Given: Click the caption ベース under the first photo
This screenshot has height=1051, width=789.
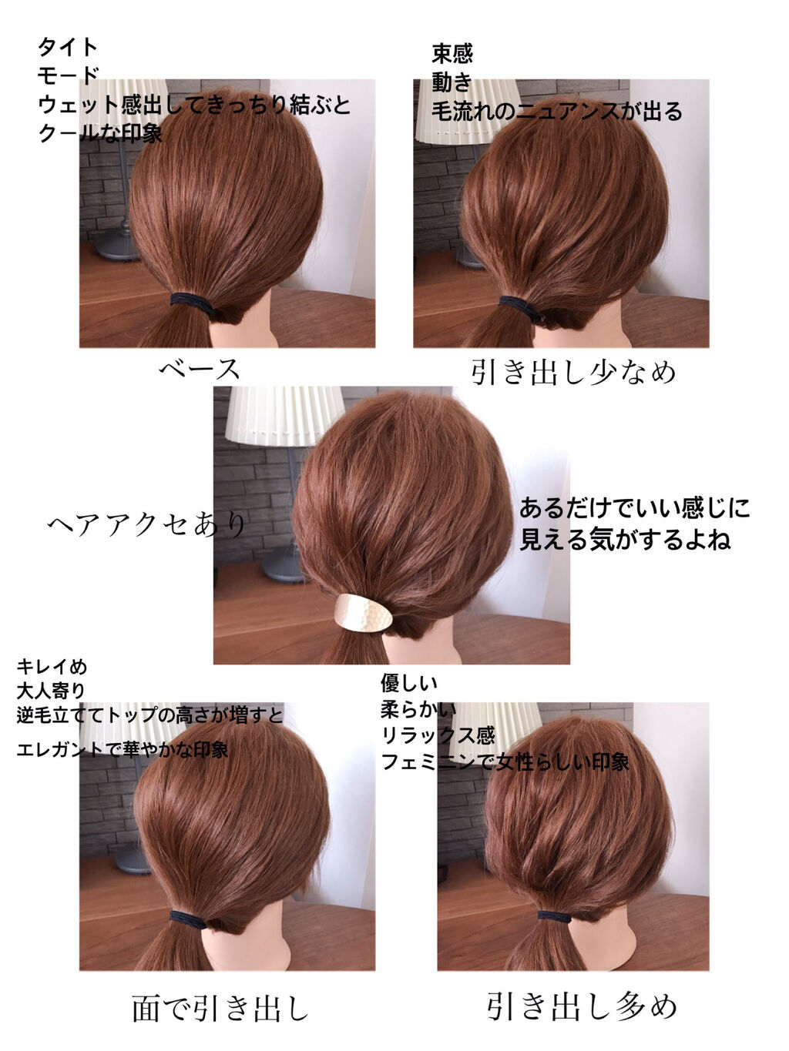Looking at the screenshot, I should coord(200,369).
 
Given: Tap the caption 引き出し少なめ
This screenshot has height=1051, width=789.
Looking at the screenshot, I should coord(573,372).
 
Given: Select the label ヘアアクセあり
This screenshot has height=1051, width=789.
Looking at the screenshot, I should coord(146,525).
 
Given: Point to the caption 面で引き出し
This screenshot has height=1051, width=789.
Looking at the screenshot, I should coord(220,1009).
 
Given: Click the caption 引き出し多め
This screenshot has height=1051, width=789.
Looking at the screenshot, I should coord(582,1006).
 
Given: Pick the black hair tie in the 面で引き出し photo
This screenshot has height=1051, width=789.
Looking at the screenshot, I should coord(188,919).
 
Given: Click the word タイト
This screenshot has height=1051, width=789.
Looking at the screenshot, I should coord(68,47).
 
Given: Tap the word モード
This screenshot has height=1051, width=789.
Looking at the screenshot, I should coord(68,75).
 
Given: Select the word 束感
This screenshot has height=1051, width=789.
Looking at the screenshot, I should coord(452,54).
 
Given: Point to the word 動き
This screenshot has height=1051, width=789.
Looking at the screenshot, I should coord(452,82).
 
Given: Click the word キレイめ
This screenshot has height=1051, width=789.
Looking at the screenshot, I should coord(52,666).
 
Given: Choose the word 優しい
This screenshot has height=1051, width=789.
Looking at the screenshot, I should coord(409,682).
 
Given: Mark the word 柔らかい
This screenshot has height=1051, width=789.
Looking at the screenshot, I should coord(418,709).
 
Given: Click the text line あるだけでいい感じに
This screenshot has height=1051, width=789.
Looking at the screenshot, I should coord(634,509).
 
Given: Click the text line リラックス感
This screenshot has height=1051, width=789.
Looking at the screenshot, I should coord(438,735).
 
